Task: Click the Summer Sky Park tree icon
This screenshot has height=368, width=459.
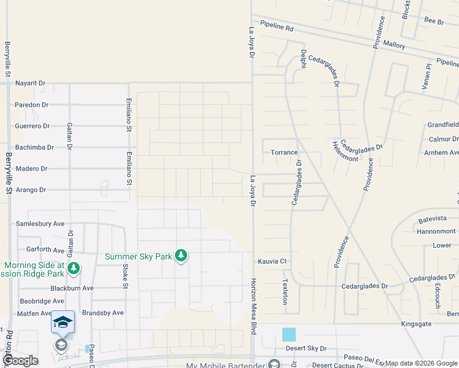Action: pos(180,255)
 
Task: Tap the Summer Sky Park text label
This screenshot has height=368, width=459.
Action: pos(138,256)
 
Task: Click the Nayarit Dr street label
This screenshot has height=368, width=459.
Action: pos(30,83)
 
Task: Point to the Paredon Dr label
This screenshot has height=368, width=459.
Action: pos(31,105)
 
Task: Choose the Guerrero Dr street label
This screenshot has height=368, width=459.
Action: pos(32,126)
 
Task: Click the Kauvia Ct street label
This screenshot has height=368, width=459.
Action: pos(272,261)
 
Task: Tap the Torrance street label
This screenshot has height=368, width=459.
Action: pos(284,152)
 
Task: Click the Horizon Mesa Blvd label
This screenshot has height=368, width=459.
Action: pos(253,307)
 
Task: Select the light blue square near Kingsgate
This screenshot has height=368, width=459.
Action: pos(288,334)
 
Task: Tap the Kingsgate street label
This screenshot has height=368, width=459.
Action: pos(417,323)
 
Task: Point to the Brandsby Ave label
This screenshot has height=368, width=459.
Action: pos(102,312)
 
